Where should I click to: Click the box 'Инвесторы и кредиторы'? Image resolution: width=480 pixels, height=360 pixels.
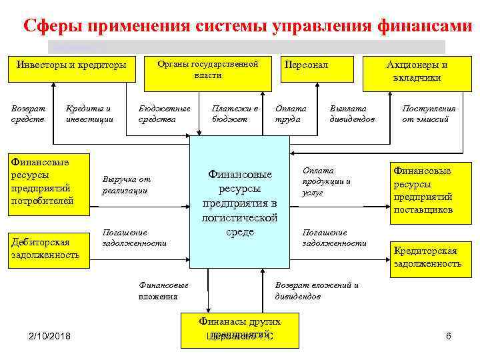[71, 65]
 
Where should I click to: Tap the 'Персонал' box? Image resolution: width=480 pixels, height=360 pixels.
[307, 65]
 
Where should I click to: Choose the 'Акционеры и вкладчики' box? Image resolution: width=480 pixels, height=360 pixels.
[417, 71]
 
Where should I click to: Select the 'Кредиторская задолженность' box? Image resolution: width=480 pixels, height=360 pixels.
[427, 257]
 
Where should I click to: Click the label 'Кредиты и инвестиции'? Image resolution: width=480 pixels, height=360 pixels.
[89, 113]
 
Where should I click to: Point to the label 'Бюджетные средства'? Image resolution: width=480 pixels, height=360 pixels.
[164, 113]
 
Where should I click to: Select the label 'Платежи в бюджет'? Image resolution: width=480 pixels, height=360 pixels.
[234, 113]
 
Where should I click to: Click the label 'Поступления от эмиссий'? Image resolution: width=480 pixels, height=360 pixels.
[429, 113]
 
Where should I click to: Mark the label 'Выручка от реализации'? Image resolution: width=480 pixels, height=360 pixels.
[126, 185]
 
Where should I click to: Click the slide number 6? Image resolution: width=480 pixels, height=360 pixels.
[449, 336]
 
